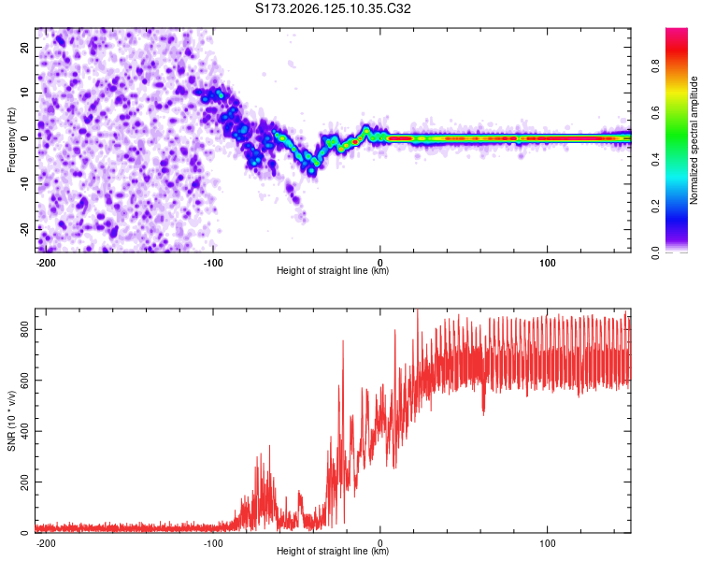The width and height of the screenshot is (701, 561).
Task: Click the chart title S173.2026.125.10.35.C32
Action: (333, 8)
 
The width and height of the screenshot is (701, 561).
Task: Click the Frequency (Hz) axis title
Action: (11, 140)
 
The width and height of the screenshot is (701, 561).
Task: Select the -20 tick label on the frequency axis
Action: (24, 229)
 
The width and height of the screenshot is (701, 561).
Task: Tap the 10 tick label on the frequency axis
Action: (24, 93)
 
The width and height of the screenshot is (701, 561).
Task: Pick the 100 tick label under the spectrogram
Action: (547, 263)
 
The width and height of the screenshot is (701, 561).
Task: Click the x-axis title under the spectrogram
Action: (333, 270)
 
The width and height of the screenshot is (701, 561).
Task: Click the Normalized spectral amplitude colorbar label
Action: (694, 140)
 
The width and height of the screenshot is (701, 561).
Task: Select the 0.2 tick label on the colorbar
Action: (655, 207)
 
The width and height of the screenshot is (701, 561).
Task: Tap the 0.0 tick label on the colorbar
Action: (655, 252)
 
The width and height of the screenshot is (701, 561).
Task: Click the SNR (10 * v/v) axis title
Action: (11, 421)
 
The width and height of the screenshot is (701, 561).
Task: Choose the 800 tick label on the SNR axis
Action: (24, 329)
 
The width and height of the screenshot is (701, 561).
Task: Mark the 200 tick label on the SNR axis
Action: (24, 482)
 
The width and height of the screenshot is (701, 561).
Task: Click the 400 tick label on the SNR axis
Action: (24, 431)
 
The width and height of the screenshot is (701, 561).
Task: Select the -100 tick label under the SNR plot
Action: (213, 543)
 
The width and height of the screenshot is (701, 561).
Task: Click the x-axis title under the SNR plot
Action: (333, 551)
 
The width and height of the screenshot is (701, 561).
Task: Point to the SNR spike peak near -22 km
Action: (343, 341)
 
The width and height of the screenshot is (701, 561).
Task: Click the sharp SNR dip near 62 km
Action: (483, 415)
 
